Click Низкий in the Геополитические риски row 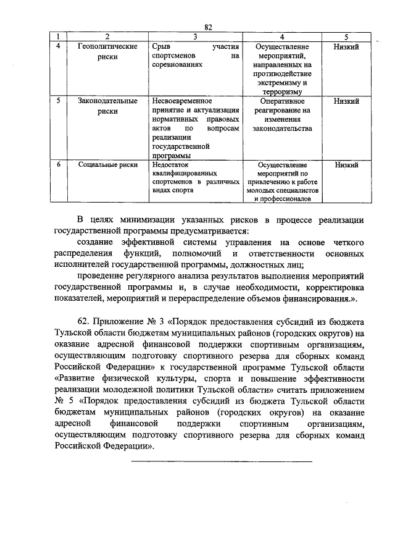click(347, 47)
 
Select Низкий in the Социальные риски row click(347, 165)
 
